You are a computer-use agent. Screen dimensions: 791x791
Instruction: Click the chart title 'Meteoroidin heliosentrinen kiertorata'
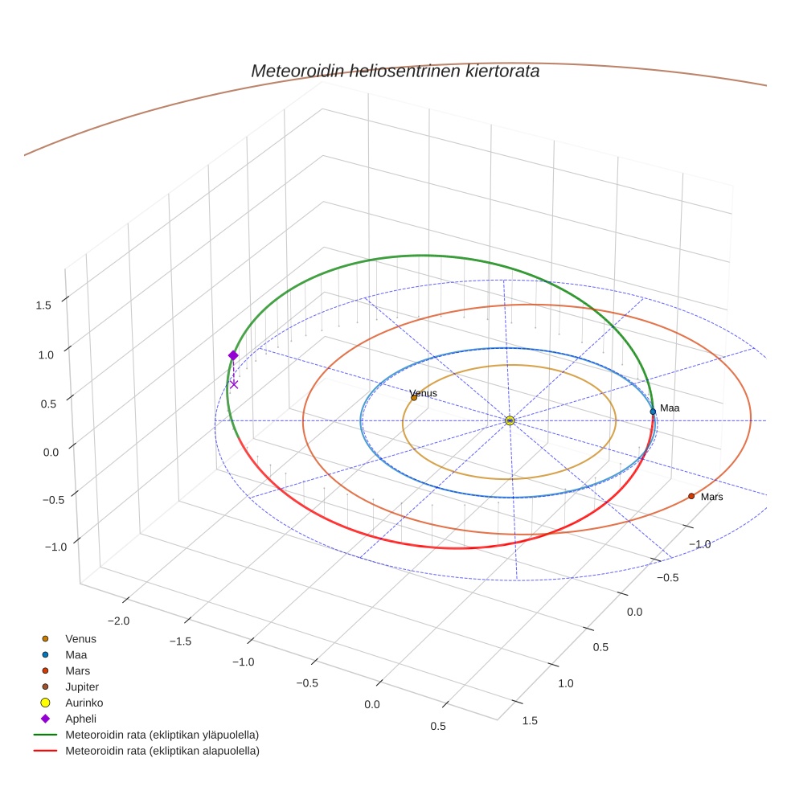tap(395, 71)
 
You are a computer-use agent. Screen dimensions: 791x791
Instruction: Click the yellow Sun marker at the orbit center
tap(510, 420)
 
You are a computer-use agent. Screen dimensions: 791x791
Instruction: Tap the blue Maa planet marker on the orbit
tap(653, 412)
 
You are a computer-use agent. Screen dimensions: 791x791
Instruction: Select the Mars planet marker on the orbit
tap(691, 496)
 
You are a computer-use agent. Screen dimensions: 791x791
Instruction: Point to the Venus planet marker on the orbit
tap(414, 397)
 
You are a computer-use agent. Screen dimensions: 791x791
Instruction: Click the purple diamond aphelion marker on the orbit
tap(233, 355)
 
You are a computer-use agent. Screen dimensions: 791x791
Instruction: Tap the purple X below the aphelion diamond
tap(234, 384)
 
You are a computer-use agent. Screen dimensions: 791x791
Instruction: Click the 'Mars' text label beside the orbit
tap(711, 497)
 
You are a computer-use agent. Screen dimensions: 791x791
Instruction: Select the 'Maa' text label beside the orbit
tap(670, 408)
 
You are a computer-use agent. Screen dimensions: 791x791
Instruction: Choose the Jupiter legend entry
tap(81, 686)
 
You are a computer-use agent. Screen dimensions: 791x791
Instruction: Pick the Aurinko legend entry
tap(84, 703)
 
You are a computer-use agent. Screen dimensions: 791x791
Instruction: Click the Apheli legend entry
tap(80, 719)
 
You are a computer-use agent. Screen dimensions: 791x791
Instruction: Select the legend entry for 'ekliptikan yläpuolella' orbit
tap(161, 735)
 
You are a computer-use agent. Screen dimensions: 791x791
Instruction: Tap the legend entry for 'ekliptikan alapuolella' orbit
tap(162, 751)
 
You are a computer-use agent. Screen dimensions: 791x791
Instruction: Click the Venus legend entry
tap(80, 639)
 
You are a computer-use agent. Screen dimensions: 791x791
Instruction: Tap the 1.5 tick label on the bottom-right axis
tap(530, 720)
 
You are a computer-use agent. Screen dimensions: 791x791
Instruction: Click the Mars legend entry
tap(77, 670)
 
